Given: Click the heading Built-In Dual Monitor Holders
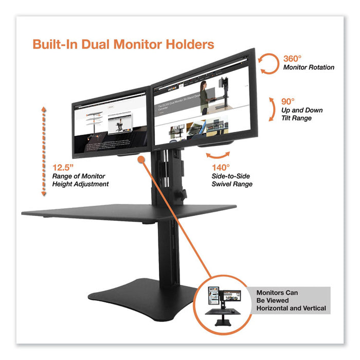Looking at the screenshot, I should point(123,44).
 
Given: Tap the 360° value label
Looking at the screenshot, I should point(293,58).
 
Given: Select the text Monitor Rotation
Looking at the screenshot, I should point(309,67).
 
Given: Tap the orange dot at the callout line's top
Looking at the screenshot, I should point(141,160).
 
